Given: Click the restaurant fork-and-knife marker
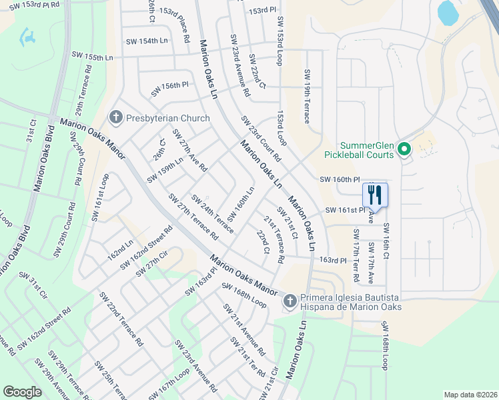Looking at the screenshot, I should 375,195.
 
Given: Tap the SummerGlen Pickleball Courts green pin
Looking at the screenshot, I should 404,150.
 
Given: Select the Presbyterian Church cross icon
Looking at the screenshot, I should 116,118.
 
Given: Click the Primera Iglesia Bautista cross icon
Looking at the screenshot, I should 290,302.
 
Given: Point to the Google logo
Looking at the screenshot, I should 22,392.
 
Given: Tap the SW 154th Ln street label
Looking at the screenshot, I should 147,41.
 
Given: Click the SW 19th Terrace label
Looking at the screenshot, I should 307,97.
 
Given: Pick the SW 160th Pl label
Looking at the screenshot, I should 340,179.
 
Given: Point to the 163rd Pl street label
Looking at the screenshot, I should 333,260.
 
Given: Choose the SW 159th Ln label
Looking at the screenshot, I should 165,169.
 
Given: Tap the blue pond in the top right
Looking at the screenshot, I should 446,11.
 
